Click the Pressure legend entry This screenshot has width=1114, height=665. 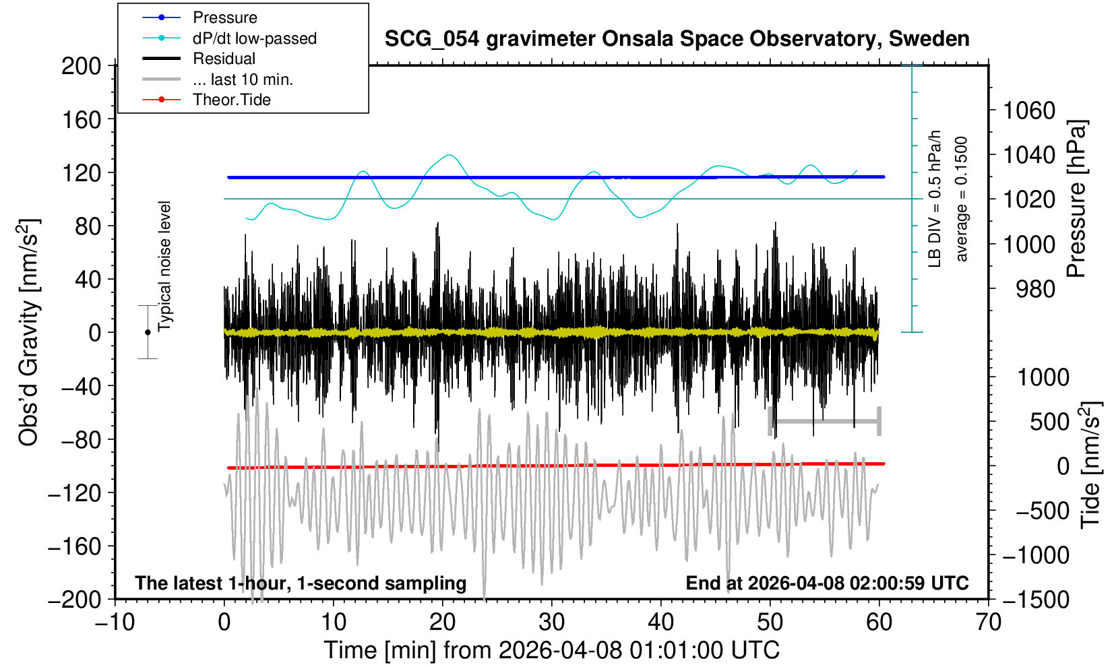(x=224, y=18)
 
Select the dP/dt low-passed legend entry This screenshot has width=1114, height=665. (x=254, y=38)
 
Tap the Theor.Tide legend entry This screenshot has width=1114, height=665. (x=231, y=100)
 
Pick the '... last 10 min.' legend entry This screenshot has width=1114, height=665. (x=243, y=80)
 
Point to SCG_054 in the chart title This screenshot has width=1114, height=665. (x=431, y=39)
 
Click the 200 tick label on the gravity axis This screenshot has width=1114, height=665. (x=81, y=66)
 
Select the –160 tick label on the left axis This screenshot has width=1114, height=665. (x=75, y=546)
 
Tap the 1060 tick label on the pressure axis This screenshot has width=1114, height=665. (x=1029, y=110)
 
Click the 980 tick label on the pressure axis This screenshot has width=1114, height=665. (x=1036, y=289)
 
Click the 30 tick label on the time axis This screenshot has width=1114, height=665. (x=551, y=622)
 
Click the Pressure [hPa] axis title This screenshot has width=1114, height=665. (x=1077, y=199)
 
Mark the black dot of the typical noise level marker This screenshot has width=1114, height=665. (x=148, y=332)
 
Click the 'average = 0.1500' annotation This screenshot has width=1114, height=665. (x=962, y=199)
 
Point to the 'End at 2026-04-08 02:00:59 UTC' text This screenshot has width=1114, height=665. (x=827, y=583)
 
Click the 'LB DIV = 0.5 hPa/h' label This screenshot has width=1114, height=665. (x=935, y=199)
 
